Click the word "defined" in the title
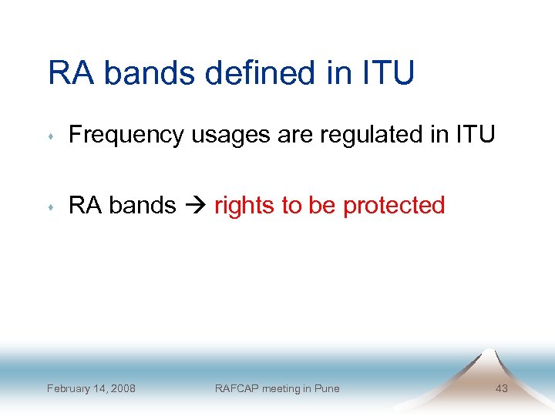[272, 73]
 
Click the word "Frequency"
[127, 135]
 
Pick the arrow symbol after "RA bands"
[195, 206]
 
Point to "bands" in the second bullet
[143, 206]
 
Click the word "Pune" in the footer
[327, 388]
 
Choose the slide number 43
[501, 388]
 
